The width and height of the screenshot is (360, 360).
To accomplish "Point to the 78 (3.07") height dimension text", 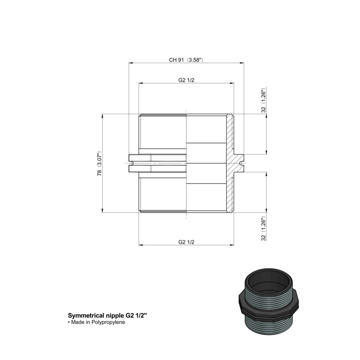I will pos(99,163).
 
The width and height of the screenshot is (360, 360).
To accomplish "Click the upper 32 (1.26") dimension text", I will pos(264,100).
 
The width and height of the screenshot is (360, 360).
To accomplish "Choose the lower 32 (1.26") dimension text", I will pos(264,229).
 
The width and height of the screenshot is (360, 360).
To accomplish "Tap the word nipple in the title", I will pos(118,316).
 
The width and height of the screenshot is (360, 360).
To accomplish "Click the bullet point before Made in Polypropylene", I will pos(69,323).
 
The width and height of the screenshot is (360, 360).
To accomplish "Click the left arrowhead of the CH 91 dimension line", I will pos(131,63).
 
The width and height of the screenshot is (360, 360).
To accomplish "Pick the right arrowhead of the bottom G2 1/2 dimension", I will pos(232,245).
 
